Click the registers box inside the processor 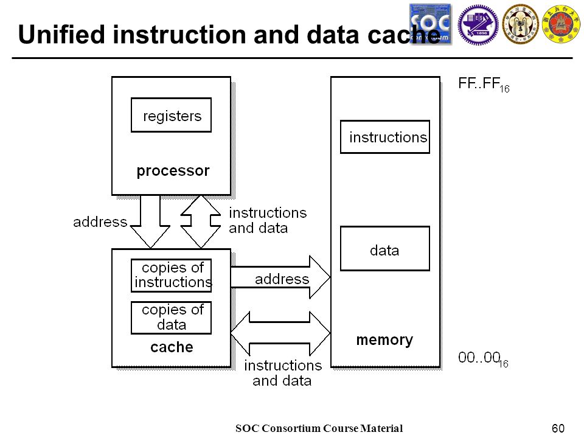(172, 115)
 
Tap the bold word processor (173, 171)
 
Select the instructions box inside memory (385, 137)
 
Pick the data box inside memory (385, 248)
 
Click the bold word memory (384, 339)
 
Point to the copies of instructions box (172, 275)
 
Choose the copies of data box (172, 318)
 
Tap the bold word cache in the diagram (172, 347)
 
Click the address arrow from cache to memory (280, 277)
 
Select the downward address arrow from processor (150, 221)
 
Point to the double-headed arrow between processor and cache (201, 221)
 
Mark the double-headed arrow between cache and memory (280, 333)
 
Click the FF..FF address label (484, 84)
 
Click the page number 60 (558, 428)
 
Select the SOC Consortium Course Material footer (319, 428)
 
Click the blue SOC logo (431, 24)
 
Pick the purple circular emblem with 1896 (478, 24)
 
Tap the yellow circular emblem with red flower (561, 24)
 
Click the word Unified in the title (61, 34)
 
